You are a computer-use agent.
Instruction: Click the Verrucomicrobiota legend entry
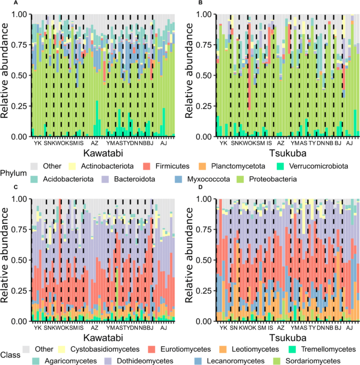click(316, 166)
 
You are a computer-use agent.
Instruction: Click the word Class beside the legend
click(10, 355)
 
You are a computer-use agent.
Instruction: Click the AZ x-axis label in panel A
click(95, 143)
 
